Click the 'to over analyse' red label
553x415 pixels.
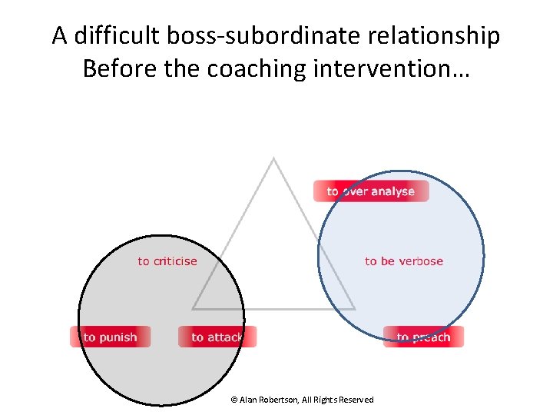371,191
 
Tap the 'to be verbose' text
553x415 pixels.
404,261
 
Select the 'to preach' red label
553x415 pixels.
423,337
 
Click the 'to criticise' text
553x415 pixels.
167,261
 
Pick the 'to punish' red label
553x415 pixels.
111,337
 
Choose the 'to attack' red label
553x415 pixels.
217,337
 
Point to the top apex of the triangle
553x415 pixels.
273,158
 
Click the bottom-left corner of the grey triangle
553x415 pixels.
193,308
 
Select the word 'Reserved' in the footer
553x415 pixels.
356,400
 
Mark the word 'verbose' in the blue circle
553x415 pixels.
420,261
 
